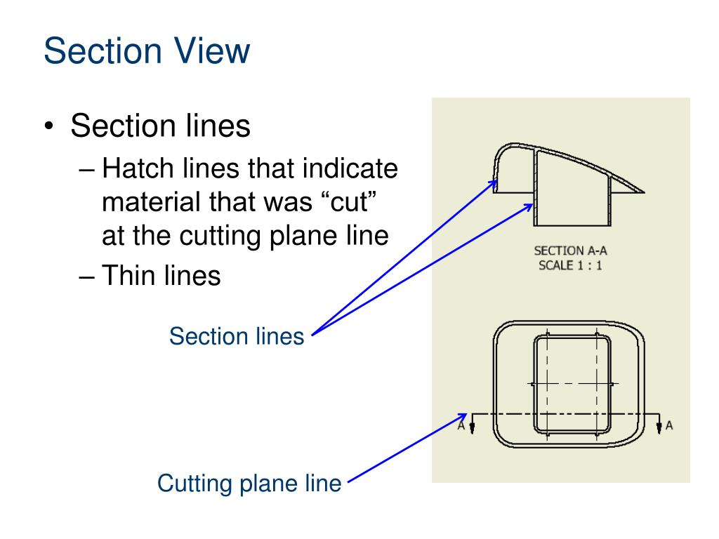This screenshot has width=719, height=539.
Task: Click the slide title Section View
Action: click(146, 52)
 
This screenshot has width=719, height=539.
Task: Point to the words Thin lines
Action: click(161, 275)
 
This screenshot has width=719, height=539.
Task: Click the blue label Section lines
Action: click(237, 337)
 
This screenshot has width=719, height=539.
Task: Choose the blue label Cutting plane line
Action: click(249, 484)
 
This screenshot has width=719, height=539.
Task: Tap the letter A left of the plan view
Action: click(461, 425)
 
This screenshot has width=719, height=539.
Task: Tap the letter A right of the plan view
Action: click(669, 425)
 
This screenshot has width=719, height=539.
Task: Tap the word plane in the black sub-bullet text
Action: click(306, 236)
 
